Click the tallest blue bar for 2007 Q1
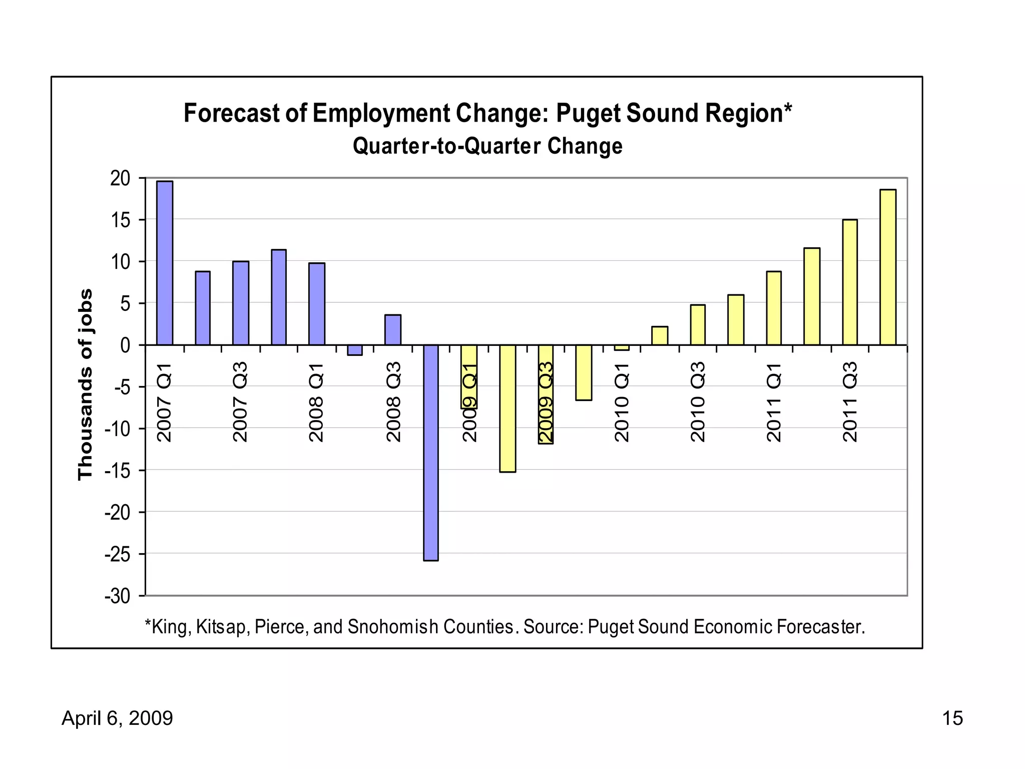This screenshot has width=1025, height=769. pyautogui.click(x=165, y=263)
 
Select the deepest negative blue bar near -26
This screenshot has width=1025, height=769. pyautogui.click(x=431, y=453)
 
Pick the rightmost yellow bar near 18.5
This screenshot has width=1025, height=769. pyautogui.click(x=888, y=267)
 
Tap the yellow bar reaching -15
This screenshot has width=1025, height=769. pyautogui.click(x=507, y=408)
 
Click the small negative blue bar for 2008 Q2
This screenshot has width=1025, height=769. pyautogui.click(x=355, y=350)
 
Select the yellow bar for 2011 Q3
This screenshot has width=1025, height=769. pyautogui.click(x=850, y=282)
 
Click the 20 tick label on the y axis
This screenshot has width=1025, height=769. pyautogui.click(x=120, y=178)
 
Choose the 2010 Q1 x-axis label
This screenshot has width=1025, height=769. pyautogui.click(x=622, y=403)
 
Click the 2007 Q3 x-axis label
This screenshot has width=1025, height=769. pyautogui.click(x=241, y=403)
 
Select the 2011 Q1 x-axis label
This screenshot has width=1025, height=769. pyautogui.click(x=774, y=403)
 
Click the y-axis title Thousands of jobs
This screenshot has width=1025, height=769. pyautogui.click(x=86, y=384)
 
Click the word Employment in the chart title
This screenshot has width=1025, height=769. pyautogui.click(x=381, y=113)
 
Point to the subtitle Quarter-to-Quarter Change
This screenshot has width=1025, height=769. pyautogui.click(x=487, y=146)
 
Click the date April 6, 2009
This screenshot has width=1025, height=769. pyautogui.click(x=117, y=718)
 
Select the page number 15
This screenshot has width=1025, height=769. pyautogui.click(x=952, y=718)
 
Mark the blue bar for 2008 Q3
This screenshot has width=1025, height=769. pyautogui.click(x=393, y=330)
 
